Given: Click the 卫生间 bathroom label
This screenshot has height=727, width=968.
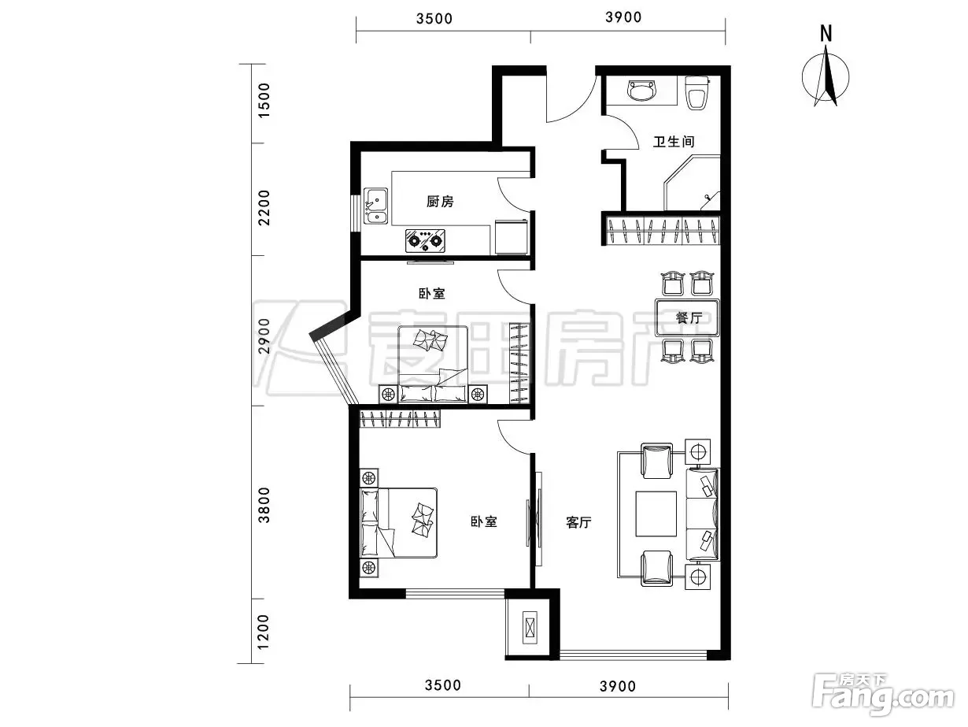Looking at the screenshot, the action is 674,142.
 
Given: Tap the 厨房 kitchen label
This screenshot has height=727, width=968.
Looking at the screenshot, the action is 440,202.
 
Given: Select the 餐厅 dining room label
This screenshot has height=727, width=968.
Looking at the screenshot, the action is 688,317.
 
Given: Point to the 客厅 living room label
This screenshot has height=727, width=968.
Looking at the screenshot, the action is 578,523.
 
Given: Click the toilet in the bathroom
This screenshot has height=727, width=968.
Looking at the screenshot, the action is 696,93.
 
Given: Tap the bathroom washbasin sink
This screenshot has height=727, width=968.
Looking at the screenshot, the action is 642,91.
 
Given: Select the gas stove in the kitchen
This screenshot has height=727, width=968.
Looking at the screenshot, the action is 425,240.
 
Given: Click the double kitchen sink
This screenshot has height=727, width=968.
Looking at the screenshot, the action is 375,206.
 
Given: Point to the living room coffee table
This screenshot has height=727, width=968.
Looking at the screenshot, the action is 656,514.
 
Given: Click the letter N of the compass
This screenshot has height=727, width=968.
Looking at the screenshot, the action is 826,34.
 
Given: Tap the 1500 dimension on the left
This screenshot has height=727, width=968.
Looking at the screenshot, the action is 264,100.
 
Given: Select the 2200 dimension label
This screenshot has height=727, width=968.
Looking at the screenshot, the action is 264,207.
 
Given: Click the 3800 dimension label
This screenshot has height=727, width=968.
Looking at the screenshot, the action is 264,505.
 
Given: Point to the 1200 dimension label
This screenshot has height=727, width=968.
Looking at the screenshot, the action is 264,632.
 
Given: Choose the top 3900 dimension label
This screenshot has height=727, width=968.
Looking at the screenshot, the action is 623,17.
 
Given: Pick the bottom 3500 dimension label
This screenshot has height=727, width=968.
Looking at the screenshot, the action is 443,685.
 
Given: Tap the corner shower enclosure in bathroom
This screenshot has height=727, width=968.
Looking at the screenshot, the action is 692,182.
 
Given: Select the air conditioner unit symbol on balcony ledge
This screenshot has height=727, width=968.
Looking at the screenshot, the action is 530,627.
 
